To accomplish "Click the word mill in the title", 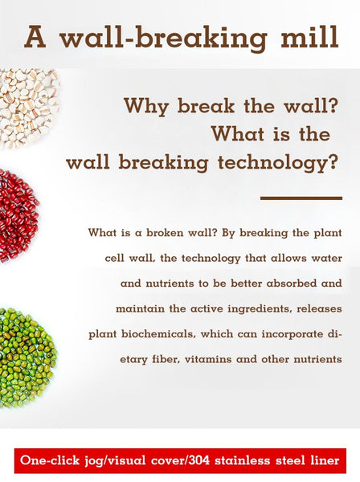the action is tap(309, 37).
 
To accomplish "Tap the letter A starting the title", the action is tap(35, 37).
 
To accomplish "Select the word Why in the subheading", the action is tap(146, 107).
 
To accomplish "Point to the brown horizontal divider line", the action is tap(301, 198).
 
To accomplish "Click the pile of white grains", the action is tap(27, 108).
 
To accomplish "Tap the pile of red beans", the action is tap(18, 215).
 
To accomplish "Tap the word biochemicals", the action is tap(158, 334).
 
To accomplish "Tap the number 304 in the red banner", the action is tap(198, 460).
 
